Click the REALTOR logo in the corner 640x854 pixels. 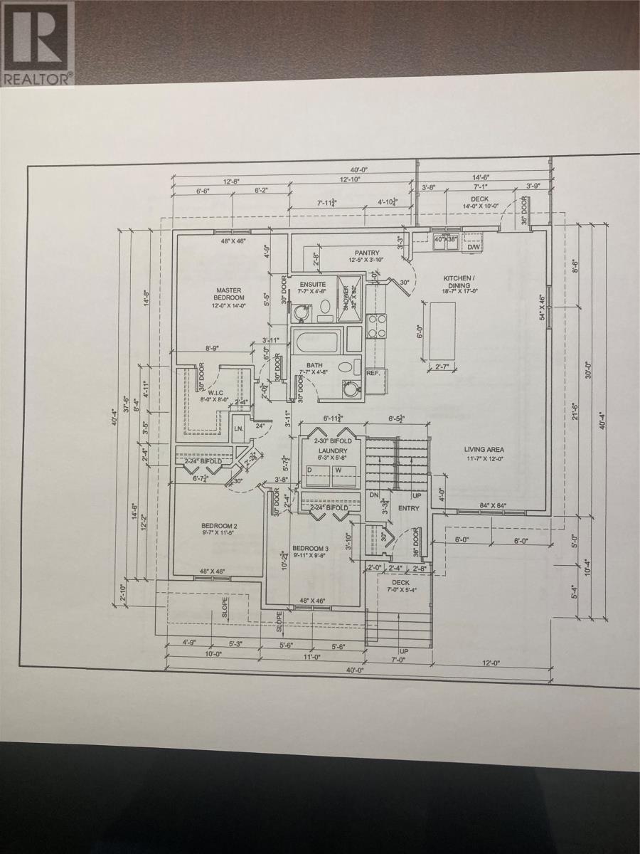pos(37,43)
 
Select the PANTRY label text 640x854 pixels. pos(367,253)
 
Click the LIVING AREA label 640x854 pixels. pos(484,449)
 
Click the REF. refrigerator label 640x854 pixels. pos(373,373)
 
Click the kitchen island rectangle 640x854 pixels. pos(442,328)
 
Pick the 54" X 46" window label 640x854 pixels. pos(541,307)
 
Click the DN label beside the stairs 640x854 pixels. pos(373,494)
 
